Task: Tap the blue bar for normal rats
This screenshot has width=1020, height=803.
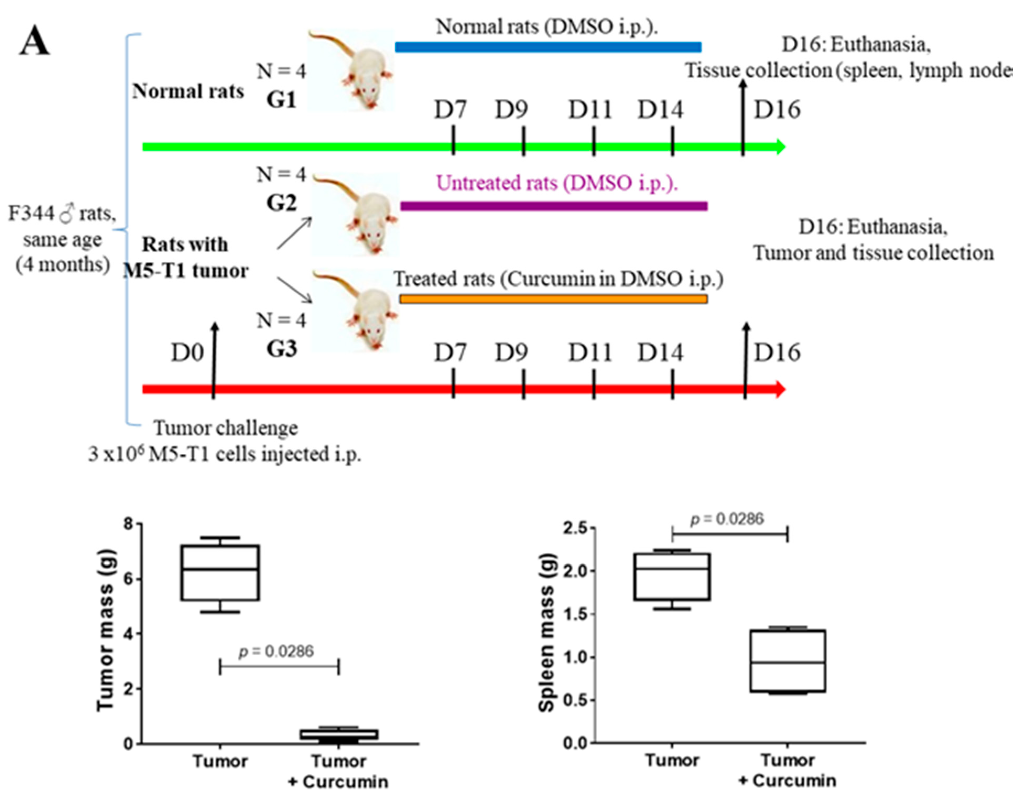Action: pyautogui.click(x=548, y=47)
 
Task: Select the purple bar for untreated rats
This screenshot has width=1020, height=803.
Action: pyautogui.click(x=554, y=206)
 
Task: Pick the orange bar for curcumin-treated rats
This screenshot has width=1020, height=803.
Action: pyautogui.click(x=554, y=299)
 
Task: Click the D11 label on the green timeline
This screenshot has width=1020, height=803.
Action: pyautogui.click(x=590, y=110)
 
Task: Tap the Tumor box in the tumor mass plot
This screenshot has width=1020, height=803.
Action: pyautogui.click(x=220, y=573)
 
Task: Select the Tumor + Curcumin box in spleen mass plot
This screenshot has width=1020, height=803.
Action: pyautogui.click(x=788, y=660)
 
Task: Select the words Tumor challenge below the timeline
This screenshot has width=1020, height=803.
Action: pyautogui.click(x=226, y=428)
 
